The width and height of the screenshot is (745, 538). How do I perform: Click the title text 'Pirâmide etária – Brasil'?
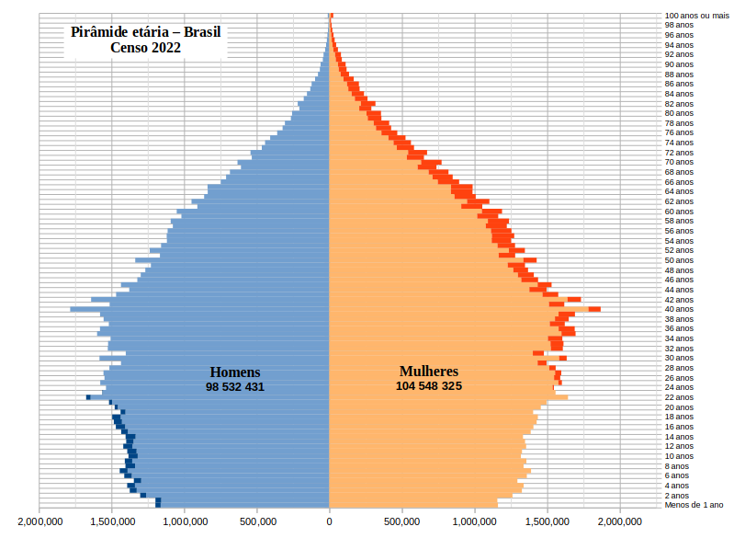(x=146, y=32)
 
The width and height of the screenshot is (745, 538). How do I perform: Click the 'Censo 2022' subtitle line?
(x=146, y=48)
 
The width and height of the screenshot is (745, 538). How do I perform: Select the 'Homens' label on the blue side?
(x=235, y=372)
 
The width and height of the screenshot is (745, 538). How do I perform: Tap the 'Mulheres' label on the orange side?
(x=428, y=372)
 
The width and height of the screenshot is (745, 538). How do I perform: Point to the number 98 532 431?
(x=235, y=386)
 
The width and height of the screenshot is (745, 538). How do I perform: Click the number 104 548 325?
(x=428, y=386)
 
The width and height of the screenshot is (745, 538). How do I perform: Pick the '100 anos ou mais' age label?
(x=696, y=16)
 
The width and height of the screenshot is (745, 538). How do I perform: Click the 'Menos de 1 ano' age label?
(x=694, y=505)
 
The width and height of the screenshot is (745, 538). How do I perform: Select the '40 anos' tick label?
(x=680, y=309)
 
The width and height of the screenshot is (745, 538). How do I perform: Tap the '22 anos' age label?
(x=680, y=397)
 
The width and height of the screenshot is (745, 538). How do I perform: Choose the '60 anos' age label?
(x=680, y=212)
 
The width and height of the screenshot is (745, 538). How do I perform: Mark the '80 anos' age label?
(x=680, y=113)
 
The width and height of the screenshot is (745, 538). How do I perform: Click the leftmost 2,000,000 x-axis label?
(x=40, y=521)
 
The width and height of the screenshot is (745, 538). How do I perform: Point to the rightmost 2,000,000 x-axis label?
(x=620, y=521)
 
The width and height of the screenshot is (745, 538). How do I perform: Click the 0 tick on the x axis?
(x=330, y=521)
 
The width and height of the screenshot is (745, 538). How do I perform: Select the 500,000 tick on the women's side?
(x=402, y=521)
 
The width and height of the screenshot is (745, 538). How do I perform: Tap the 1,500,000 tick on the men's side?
(x=112, y=521)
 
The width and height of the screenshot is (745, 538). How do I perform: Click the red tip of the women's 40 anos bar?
(x=594, y=309)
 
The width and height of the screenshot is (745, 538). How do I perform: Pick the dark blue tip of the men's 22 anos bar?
(x=88, y=397)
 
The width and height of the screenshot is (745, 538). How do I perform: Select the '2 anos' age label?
(x=678, y=496)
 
